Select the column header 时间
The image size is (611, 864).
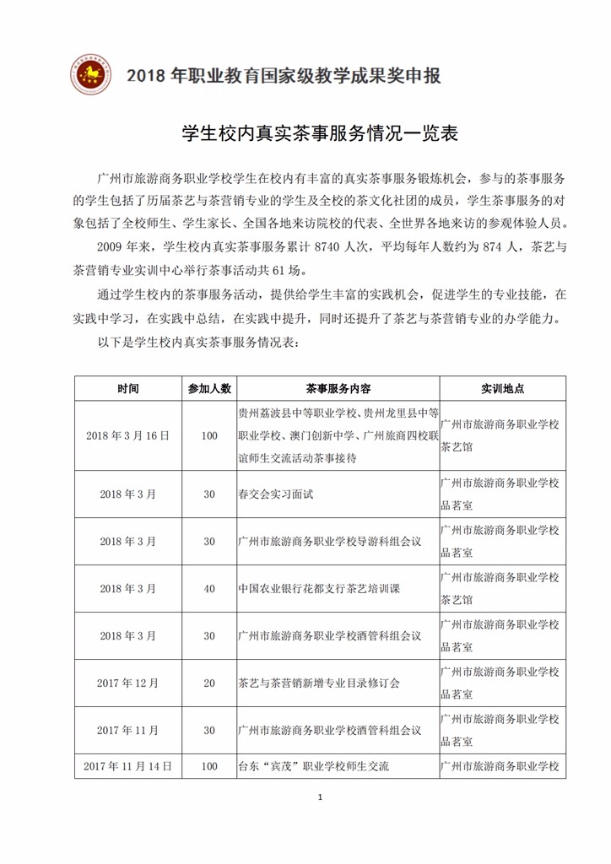click(x=128, y=388)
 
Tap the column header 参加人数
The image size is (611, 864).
click(x=209, y=388)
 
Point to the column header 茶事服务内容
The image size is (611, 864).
click(x=338, y=388)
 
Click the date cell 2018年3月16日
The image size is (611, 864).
click(x=128, y=435)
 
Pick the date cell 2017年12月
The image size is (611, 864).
click(x=128, y=682)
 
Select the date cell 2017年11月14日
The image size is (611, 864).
click(x=128, y=766)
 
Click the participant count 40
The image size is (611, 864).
click(x=209, y=587)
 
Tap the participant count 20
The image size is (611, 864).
click(x=209, y=682)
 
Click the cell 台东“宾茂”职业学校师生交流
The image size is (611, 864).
click(x=313, y=766)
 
